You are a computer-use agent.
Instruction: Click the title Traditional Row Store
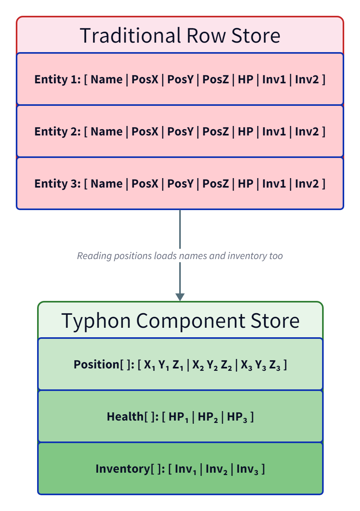click(x=180, y=35)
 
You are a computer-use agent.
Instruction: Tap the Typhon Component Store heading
click(x=180, y=320)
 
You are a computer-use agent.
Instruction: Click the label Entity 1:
click(x=57, y=79)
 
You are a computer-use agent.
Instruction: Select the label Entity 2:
click(x=57, y=132)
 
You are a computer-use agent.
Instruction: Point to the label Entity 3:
click(x=57, y=184)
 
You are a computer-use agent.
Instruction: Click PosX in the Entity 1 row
click(x=145, y=79)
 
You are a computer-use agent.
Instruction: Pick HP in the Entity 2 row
click(x=246, y=132)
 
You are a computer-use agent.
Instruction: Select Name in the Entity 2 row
click(x=107, y=132)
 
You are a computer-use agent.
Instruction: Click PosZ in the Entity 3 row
click(x=216, y=184)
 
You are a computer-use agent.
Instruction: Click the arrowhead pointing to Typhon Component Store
click(x=180, y=297)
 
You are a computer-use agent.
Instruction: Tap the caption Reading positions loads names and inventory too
click(x=180, y=256)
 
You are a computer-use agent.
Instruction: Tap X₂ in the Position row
click(x=198, y=365)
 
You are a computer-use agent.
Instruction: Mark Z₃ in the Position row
click(x=274, y=365)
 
